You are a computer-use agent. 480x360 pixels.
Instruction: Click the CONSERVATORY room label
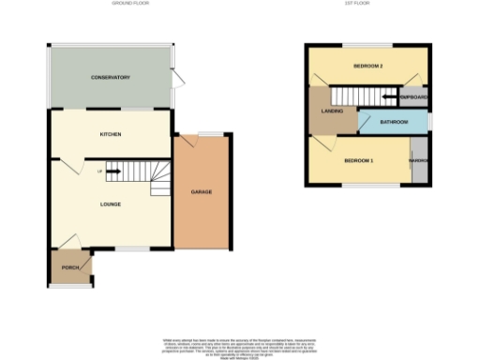(111, 77)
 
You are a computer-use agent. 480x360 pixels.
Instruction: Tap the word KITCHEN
(112, 134)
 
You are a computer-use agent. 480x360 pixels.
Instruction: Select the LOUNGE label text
(112, 202)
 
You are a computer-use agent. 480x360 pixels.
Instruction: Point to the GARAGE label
(202, 191)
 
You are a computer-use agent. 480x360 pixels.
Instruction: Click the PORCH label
(69, 267)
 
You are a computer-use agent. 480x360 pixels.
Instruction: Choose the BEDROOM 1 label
(358, 161)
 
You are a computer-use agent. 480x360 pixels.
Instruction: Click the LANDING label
(332, 112)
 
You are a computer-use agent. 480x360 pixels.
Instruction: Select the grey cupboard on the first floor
(413, 97)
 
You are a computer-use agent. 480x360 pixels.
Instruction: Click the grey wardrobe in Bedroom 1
(419, 161)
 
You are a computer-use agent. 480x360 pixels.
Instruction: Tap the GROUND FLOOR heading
(131, 4)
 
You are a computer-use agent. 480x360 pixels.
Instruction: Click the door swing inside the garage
(189, 142)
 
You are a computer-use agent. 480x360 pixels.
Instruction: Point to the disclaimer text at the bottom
(240, 344)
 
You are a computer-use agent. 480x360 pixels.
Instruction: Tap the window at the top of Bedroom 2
(367, 45)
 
